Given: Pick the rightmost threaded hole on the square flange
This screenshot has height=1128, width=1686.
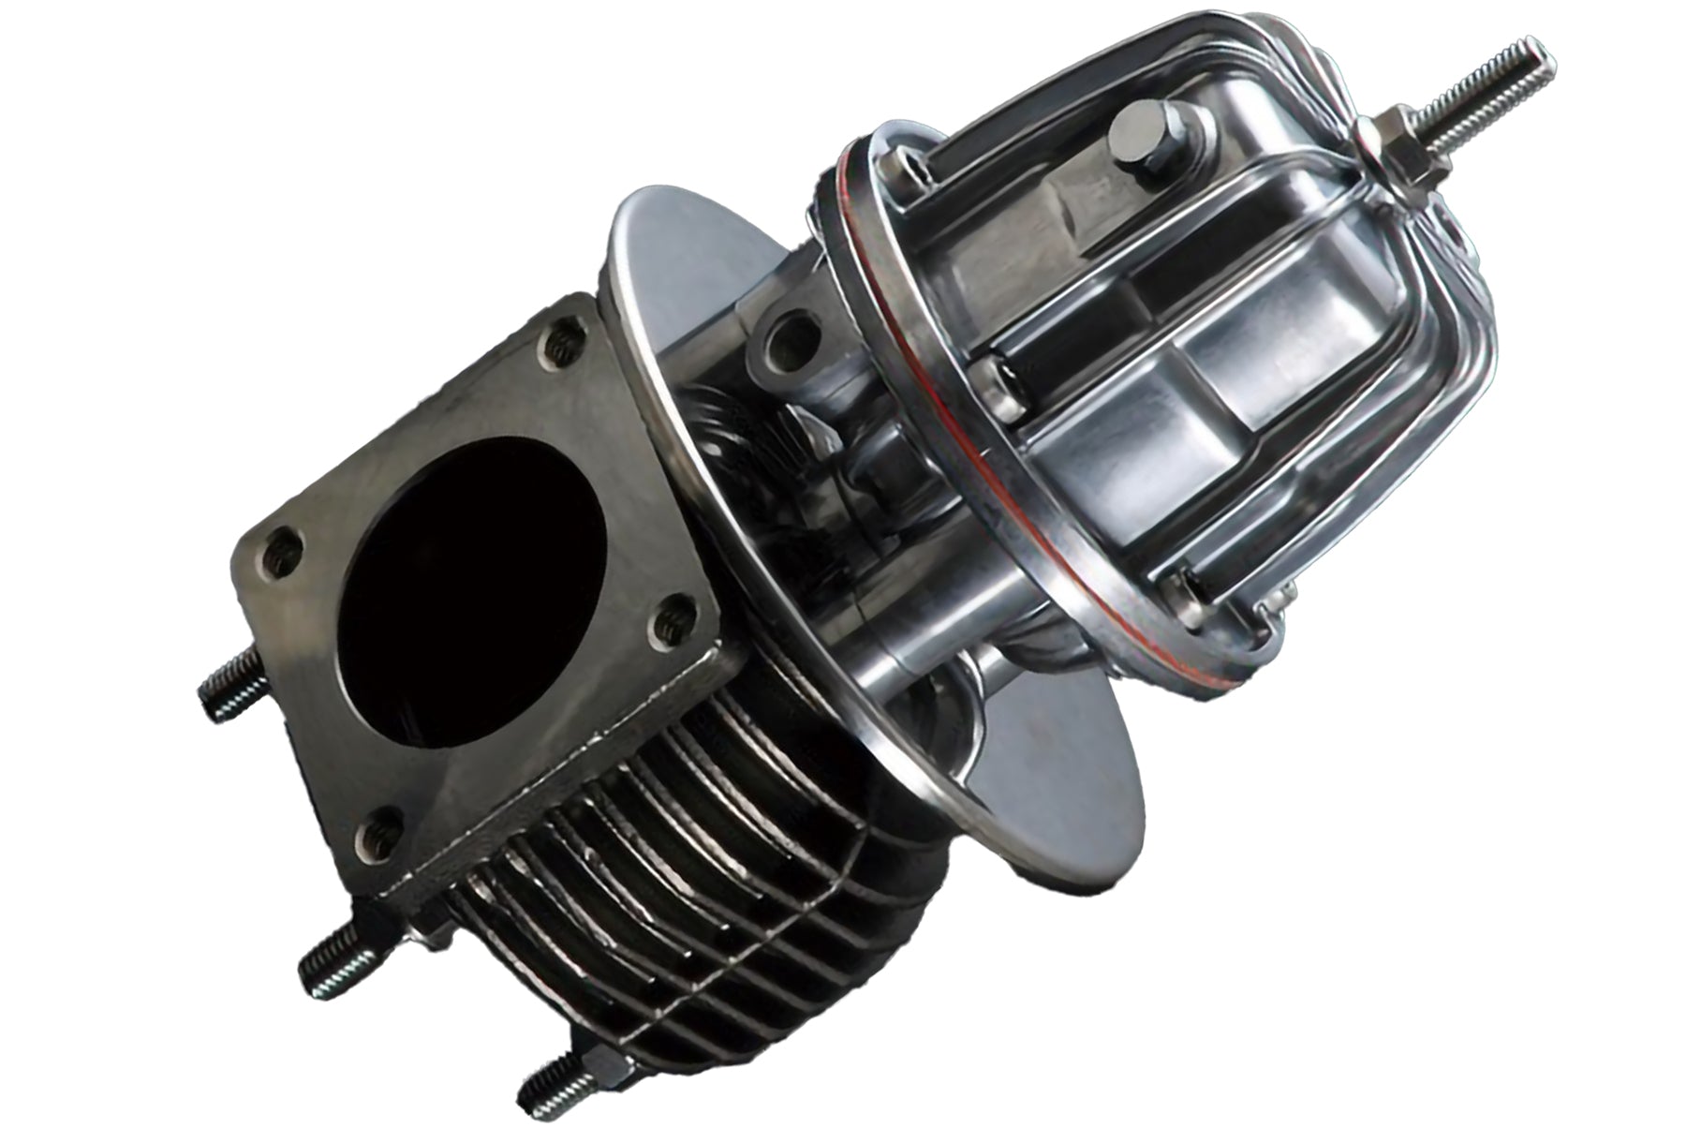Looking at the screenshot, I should point(670,619).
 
